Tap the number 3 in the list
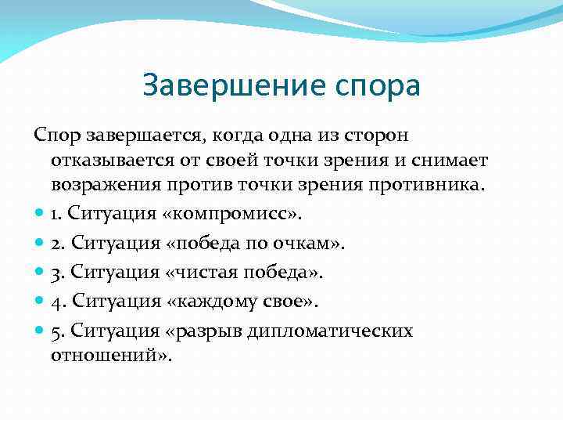point(56,272)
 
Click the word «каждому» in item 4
point(211,301)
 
